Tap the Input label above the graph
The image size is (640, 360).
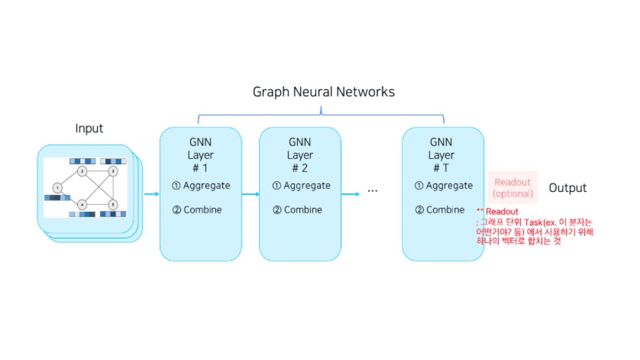(89, 128)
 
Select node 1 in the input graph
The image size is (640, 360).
(58, 188)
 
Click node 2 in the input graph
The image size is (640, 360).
(82, 171)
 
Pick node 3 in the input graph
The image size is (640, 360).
(113, 171)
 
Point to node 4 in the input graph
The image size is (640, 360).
(82, 204)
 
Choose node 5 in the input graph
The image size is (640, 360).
(113, 204)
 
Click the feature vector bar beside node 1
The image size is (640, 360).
(57, 198)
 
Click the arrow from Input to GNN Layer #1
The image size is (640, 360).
(152, 194)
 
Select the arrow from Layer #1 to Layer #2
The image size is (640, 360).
(250, 194)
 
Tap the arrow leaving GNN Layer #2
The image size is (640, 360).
(350, 194)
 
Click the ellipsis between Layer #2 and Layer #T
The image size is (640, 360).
(372, 191)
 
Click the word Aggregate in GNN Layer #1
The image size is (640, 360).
(206, 186)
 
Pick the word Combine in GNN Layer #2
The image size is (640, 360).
(303, 210)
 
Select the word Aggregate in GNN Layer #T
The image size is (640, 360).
(450, 186)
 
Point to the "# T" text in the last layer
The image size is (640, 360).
(441, 168)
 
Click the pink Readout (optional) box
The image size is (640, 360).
(512, 188)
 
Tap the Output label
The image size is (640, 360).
(568, 188)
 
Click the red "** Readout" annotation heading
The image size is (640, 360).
(497, 212)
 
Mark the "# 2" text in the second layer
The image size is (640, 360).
(300, 168)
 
